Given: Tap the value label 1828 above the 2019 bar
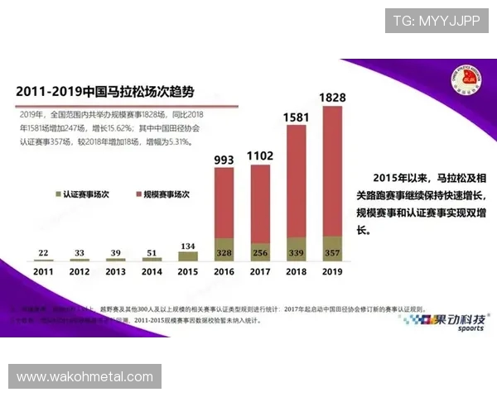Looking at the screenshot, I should (x=332, y=98).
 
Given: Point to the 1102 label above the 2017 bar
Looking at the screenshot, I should (x=260, y=155).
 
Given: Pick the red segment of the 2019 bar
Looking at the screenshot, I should (x=332, y=170).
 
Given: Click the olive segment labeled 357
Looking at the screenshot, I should (x=332, y=251).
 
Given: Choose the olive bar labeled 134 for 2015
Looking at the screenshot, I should (x=189, y=256).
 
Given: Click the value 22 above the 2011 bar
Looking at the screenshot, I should (x=44, y=253).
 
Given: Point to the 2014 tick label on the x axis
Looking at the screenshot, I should (x=152, y=271).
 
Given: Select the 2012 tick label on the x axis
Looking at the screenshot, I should (x=80, y=271).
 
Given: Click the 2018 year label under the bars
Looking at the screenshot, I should (x=297, y=271).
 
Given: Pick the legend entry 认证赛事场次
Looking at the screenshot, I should (x=85, y=194).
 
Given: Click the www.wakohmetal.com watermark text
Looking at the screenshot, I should (x=84, y=376).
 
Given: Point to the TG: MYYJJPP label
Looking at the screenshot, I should (x=436, y=21).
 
